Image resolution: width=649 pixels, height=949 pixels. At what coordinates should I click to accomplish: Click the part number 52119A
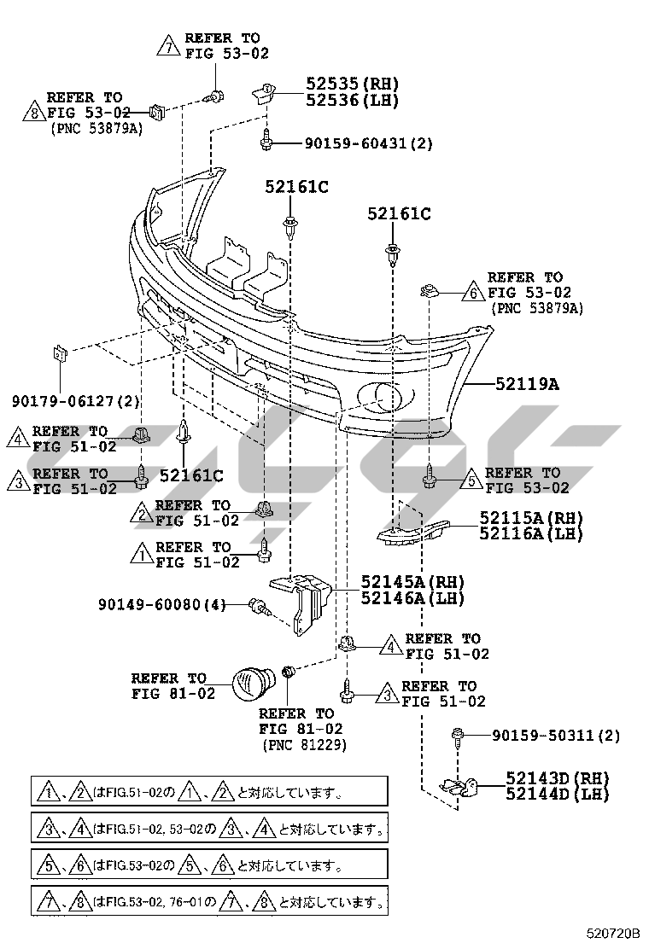click(x=528, y=384)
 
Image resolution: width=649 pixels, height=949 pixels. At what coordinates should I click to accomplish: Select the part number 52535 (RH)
click(x=352, y=84)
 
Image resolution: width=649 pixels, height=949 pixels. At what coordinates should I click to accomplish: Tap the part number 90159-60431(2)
click(x=368, y=143)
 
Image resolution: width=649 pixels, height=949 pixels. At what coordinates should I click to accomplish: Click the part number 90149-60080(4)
click(x=161, y=605)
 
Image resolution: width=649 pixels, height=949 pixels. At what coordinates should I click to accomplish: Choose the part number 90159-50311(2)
click(x=556, y=736)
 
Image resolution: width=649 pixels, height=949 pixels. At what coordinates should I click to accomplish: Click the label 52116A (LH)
click(x=530, y=534)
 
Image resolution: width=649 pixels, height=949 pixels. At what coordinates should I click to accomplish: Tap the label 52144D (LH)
click(x=556, y=795)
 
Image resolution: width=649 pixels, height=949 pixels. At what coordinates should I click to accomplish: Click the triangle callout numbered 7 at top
click(x=167, y=46)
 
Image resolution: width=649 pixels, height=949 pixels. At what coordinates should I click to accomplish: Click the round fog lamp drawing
click(x=253, y=684)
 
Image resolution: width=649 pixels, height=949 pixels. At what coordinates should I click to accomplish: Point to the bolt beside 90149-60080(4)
click(x=257, y=606)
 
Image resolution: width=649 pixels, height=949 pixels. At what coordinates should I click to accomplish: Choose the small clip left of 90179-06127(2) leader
click(x=61, y=353)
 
